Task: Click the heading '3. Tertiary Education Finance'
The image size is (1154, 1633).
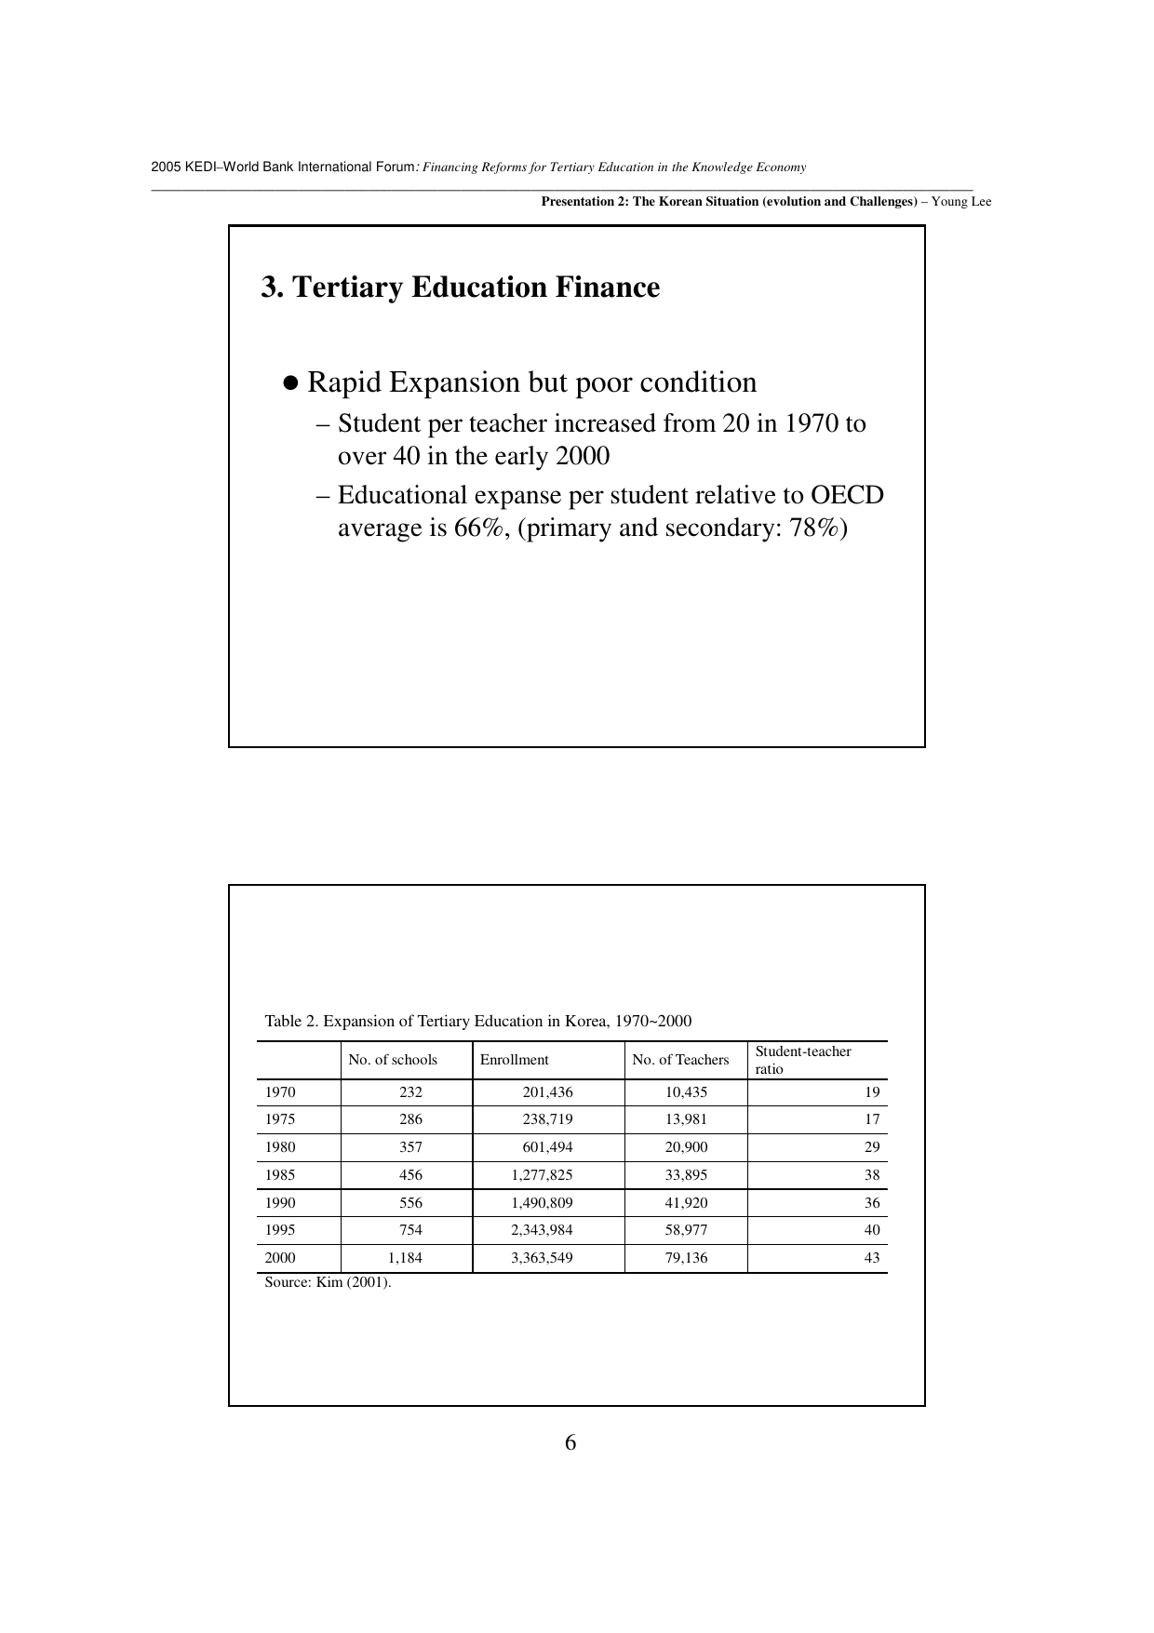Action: click(x=460, y=288)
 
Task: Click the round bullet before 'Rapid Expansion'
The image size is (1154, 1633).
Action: click(x=290, y=383)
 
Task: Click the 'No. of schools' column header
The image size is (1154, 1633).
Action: click(x=392, y=1060)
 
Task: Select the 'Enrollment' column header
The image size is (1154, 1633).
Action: click(x=514, y=1060)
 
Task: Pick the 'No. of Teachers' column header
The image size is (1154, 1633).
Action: click(x=680, y=1060)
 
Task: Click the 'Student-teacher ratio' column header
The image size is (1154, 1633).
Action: click(x=802, y=1060)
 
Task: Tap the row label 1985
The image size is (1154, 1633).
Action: click(x=280, y=1175)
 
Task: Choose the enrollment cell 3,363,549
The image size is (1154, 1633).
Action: click(x=542, y=1258)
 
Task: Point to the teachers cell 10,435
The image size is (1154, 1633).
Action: click(x=686, y=1092)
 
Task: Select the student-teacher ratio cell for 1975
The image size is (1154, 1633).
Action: click(x=871, y=1119)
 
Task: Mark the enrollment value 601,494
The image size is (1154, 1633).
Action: click(x=547, y=1147)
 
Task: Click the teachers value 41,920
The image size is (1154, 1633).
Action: click(x=686, y=1202)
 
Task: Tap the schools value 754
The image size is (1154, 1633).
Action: click(x=410, y=1230)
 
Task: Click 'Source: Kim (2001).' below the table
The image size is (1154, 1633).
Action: click(x=328, y=1282)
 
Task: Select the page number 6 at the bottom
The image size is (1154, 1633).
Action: click(x=570, y=1443)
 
